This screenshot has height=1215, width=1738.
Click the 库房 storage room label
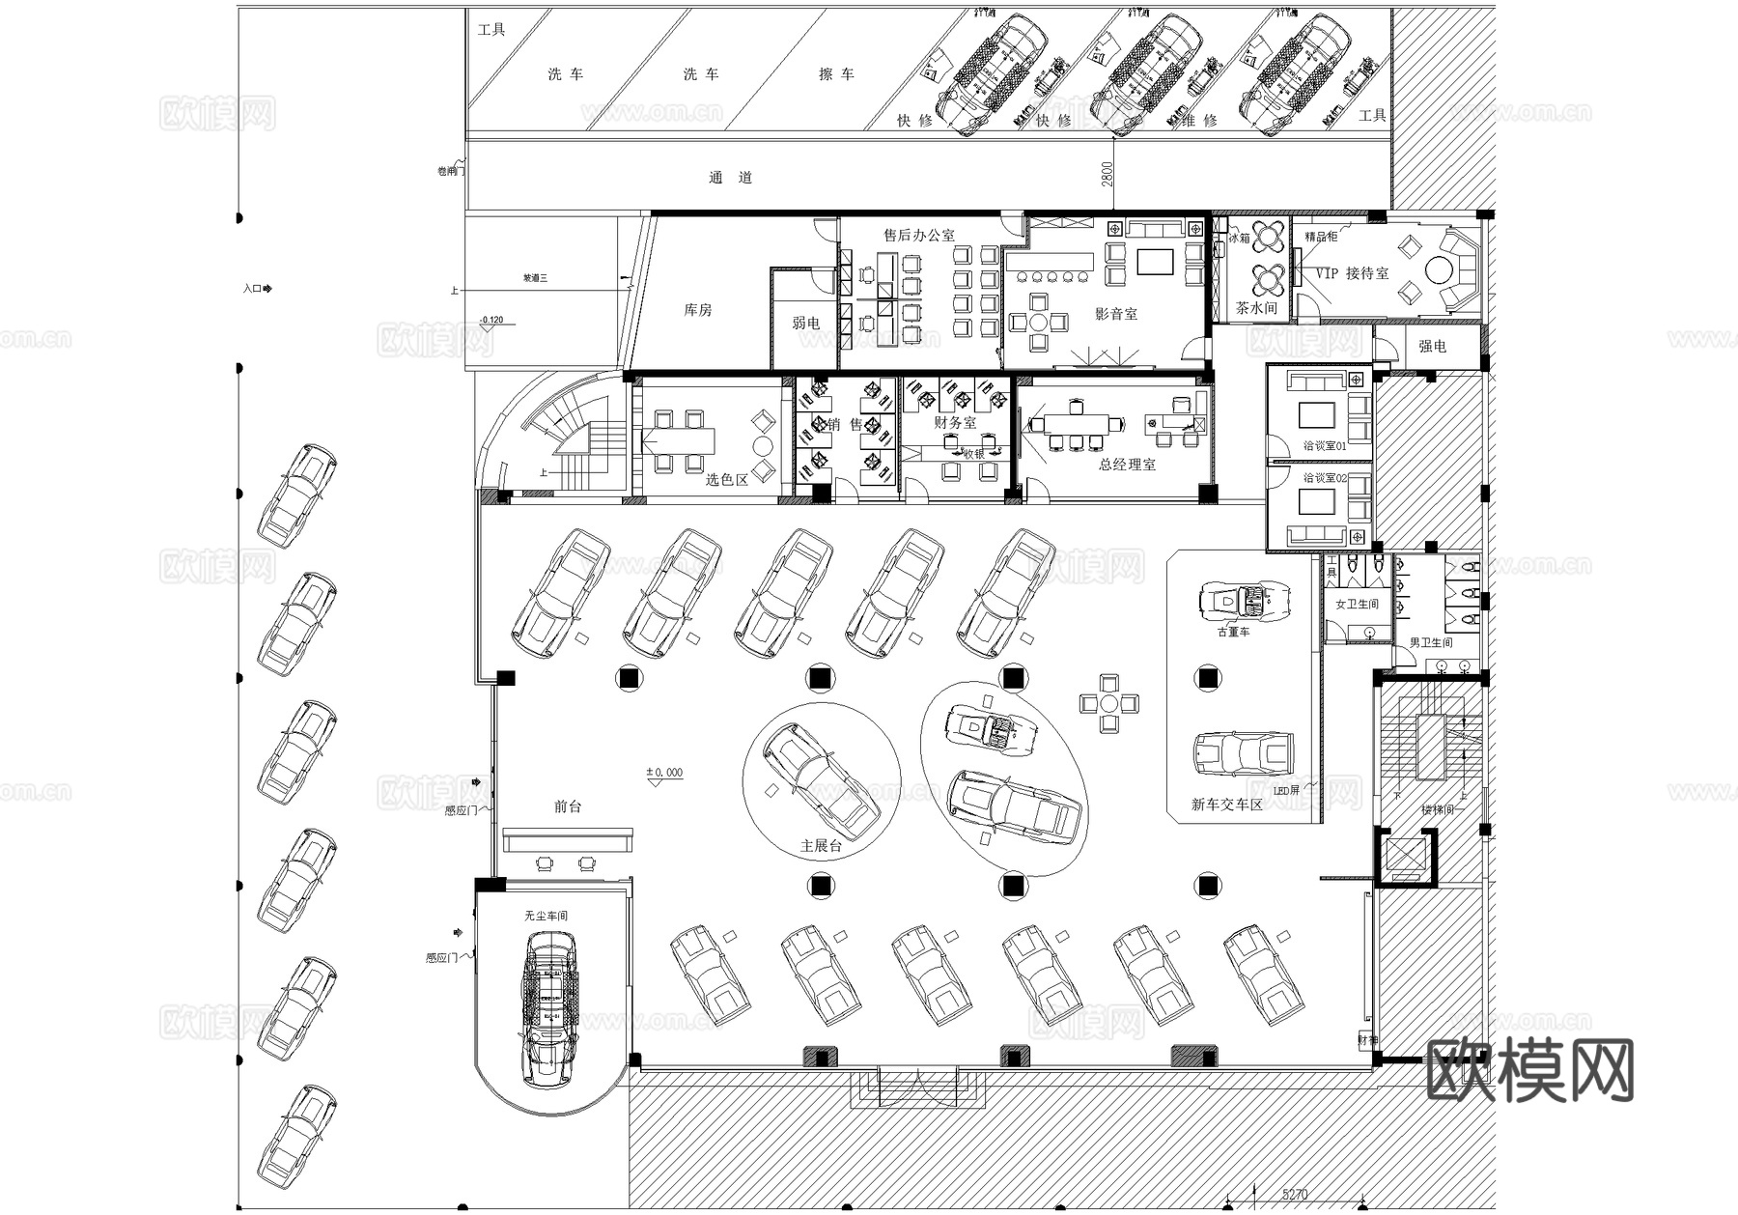(697, 310)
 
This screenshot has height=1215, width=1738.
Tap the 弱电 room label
(805, 323)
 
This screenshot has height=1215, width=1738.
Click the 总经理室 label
(1127, 465)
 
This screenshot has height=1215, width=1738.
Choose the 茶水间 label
(1256, 308)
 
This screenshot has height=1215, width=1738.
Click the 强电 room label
(1432, 346)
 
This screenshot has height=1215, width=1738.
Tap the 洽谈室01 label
(1324, 446)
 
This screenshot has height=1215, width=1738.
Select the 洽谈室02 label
(1324, 477)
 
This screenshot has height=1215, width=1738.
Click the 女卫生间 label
(1357, 605)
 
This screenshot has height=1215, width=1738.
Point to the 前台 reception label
(568, 806)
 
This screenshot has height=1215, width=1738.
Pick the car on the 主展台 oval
(821, 780)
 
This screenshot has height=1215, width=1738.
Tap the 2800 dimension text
(1107, 174)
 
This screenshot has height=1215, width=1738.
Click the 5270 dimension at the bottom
(1294, 1195)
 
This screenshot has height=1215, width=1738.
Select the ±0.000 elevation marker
(664, 773)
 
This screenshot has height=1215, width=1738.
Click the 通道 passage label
(730, 178)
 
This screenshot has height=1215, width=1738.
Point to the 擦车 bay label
(836, 74)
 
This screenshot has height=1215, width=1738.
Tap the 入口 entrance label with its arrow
(258, 288)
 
